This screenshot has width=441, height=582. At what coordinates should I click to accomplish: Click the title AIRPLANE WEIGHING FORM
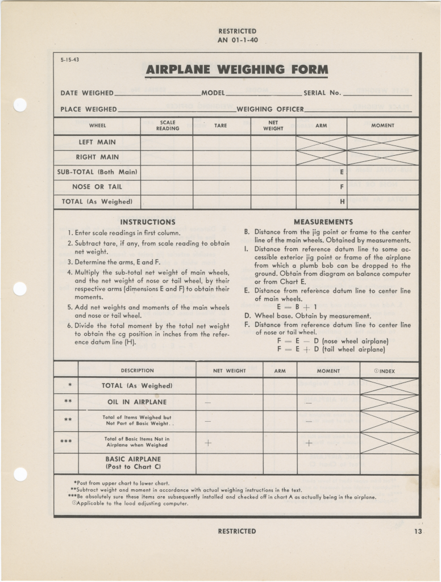pyautogui.click(x=237, y=70)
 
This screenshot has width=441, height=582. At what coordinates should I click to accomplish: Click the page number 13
pyautogui.click(x=419, y=531)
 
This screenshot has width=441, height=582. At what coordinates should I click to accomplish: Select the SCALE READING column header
pyautogui.click(x=167, y=126)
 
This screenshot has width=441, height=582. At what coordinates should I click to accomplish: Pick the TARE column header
pyautogui.click(x=220, y=126)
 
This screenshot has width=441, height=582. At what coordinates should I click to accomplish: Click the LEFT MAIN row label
pyautogui.click(x=97, y=142)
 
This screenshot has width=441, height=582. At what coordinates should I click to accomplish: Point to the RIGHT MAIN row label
pyautogui.click(x=97, y=157)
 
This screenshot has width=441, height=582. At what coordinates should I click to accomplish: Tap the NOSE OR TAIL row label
pyautogui.click(x=97, y=186)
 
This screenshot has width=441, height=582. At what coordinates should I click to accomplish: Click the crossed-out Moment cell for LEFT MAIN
pyautogui.click(x=382, y=143)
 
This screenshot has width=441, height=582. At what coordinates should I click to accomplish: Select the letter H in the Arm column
pyautogui.click(x=342, y=201)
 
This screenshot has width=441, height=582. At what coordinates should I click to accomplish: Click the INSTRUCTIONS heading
pyautogui.click(x=148, y=222)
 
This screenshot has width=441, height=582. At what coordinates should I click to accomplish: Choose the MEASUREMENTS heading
pyautogui.click(x=323, y=222)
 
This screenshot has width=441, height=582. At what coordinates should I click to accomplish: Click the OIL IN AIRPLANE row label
pyautogui.click(x=137, y=402)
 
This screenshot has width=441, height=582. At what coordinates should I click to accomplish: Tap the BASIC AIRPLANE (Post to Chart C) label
pyautogui.click(x=133, y=463)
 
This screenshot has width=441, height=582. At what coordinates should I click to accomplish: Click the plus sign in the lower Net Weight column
pyautogui.click(x=207, y=443)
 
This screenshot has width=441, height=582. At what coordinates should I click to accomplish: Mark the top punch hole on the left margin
pyautogui.click(x=20, y=105)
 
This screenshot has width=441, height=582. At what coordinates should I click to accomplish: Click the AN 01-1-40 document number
pyautogui.click(x=237, y=40)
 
